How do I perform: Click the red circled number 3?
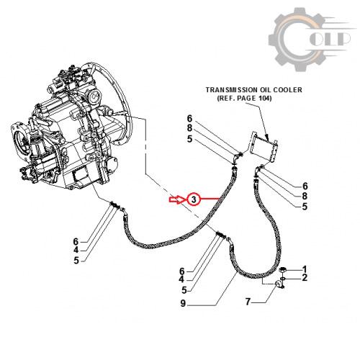pos(194,199)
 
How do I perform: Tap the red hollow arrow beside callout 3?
pos(176,199)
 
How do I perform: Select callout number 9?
pos(183,304)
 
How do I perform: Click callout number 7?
pos(248,302)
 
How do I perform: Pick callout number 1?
pos(305,269)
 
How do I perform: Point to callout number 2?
pos(305,278)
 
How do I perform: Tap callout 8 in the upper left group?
pos(190,128)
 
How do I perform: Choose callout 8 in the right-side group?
pos(305,196)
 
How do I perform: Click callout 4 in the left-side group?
pos(76,251)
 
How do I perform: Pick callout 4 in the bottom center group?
pos(181,279)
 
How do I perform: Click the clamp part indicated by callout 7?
pos(279,285)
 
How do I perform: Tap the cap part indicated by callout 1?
pos(282,270)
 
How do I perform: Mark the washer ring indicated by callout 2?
pos(283,279)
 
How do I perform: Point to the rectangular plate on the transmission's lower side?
pos(81,175)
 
